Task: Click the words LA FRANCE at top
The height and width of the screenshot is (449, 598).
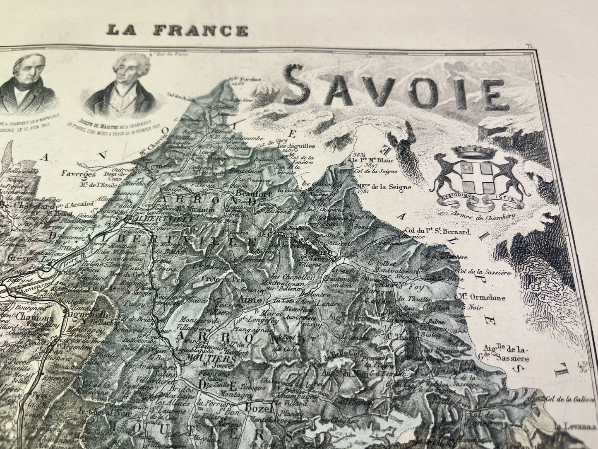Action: (x=178, y=30)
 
